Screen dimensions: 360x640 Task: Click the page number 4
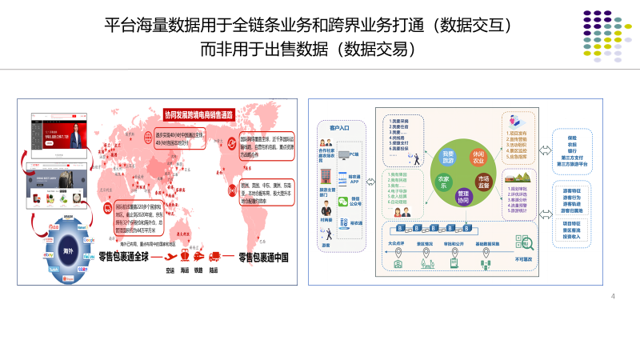click(613, 296)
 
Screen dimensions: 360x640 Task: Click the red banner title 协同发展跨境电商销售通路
click(198, 114)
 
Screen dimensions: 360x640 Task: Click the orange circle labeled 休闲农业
click(478, 157)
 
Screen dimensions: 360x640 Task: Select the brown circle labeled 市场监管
click(484, 182)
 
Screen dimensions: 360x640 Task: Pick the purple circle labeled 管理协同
click(463, 196)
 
